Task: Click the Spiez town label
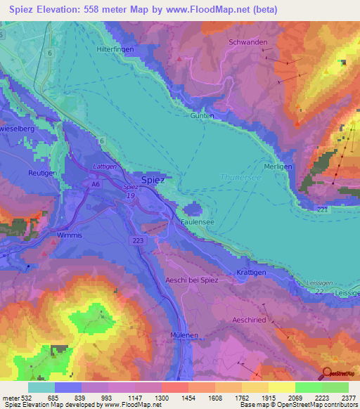[x=153, y=180]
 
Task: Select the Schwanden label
[x=248, y=42]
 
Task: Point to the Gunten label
[x=202, y=115]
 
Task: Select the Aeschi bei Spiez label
[x=192, y=280]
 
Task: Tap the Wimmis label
[x=70, y=235]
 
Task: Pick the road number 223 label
[x=139, y=240]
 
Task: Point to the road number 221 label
[x=323, y=209]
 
